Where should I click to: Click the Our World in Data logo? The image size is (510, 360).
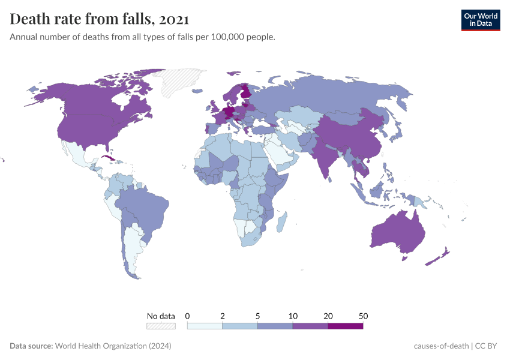pyautogui.click(x=480, y=20)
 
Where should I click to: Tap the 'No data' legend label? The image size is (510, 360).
pyautogui.click(x=161, y=316)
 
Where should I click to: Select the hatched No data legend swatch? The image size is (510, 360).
pyautogui.click(x=161, y=326)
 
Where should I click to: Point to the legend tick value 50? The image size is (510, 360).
pyautogui.click(x=362, y=316)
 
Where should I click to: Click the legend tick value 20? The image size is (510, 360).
pyautogui.click(x=328, y=316)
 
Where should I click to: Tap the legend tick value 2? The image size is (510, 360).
pyautogui.click(x=223, y=316)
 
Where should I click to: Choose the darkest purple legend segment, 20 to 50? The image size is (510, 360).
pyautogui.click(x=346, y=326)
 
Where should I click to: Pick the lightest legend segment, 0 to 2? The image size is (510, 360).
pyautogui.click(x=205, y=326)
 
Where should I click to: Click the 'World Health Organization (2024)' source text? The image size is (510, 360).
pyautogui.click(x=113, y=346)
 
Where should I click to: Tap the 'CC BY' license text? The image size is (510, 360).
pyautogui.click(x=488, y=346)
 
